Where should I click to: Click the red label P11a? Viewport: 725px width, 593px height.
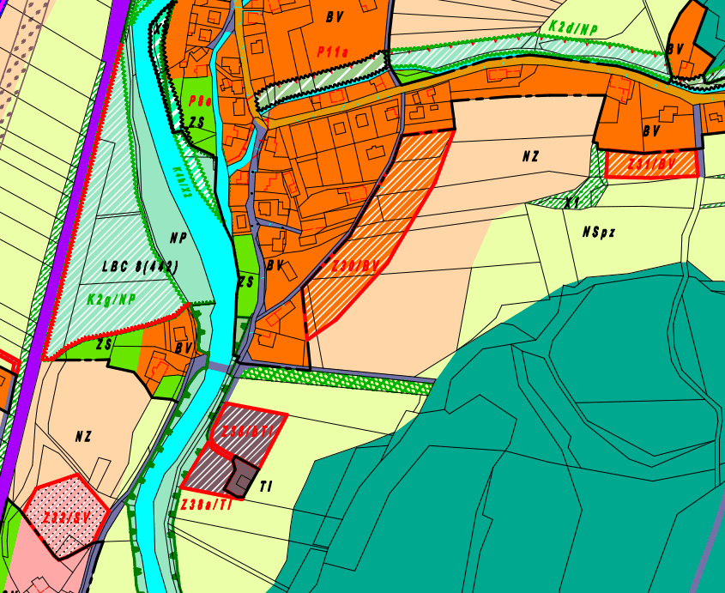pos(332,52)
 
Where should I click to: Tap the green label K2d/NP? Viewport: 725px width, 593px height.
pos(573,28)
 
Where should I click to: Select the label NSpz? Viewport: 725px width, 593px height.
pos(599,232)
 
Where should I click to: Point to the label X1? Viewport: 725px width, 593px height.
pos(571,201)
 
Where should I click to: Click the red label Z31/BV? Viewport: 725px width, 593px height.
pos(652,163)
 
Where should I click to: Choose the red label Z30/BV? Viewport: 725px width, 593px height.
pos(355,266)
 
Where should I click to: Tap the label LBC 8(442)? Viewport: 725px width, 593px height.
pos(140,266)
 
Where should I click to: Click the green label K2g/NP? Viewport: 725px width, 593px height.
pos(112,300)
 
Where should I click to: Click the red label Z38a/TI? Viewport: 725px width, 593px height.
pos(206,505)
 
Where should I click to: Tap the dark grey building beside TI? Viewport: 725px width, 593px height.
pos(245,477)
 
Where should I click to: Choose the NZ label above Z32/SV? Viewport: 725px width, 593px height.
pos(82,436)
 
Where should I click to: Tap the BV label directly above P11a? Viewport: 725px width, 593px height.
pos(334,16)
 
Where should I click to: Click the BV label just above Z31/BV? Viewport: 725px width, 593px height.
pos(652,132)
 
